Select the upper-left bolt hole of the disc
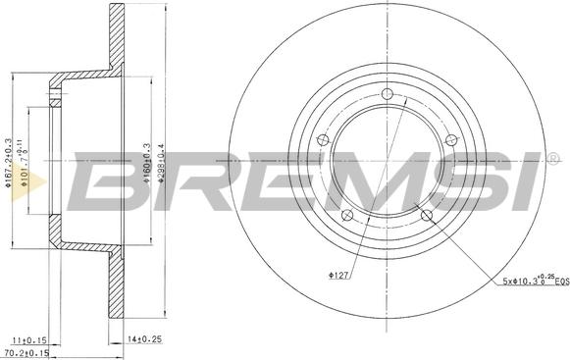tap(322, 141)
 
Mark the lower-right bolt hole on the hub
tap(425, 214)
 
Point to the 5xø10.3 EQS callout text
tap(531, 283)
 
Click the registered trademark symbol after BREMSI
tap(554, 157)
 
